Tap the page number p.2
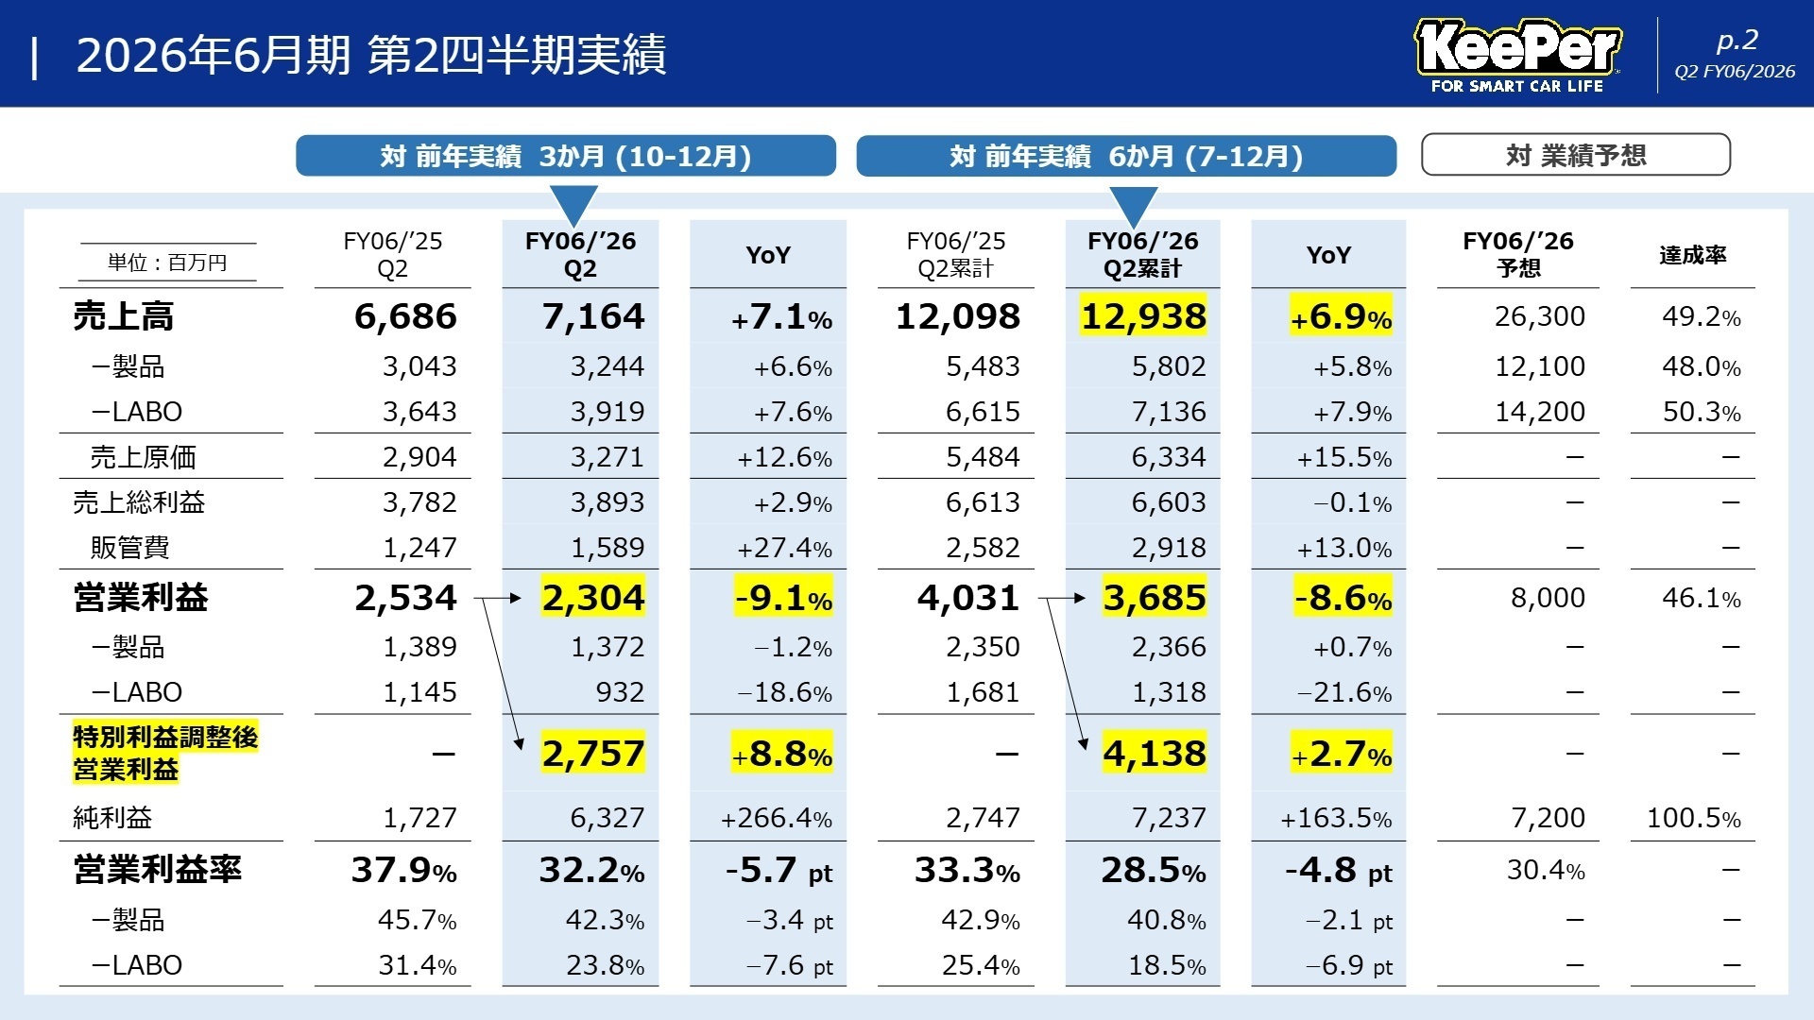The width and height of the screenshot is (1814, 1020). pos(1737,41)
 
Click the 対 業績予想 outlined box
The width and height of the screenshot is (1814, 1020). pos(1575,155)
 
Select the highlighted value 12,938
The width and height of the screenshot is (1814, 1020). pos(1143,316)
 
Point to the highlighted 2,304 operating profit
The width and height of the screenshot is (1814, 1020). pos(592,598)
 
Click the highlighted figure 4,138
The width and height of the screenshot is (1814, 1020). pos(1154,754)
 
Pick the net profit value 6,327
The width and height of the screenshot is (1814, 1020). pos(607,818)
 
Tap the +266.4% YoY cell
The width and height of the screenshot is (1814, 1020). pos(776,818)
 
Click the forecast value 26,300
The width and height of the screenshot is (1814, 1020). pos(1539,316)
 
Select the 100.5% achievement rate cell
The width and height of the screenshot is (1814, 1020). pos(1693,818)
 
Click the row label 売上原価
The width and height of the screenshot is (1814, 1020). pos(143,457)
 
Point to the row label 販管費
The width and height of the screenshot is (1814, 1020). pos(129,548)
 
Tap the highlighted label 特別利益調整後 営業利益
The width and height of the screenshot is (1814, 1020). pos(165,753)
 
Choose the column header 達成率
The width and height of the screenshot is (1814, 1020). pos(1692,255)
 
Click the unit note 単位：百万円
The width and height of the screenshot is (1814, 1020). pos(167,263)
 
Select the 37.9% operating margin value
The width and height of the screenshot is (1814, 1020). pos(403,870)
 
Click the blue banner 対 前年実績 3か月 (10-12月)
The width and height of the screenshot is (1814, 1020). pos(565,156)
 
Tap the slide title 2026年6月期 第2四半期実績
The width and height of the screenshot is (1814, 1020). pos(370,55)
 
